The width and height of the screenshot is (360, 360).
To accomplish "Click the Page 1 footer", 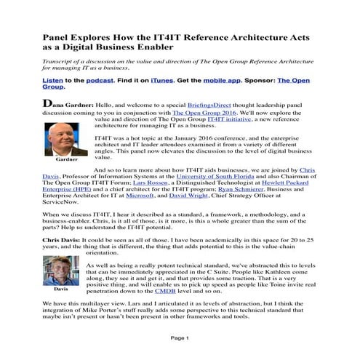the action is (x=179, y=337).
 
